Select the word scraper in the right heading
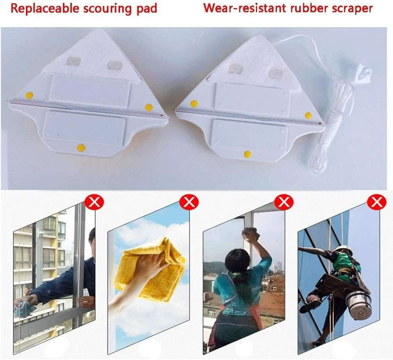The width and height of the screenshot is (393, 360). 352,9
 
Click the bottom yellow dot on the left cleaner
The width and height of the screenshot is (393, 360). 81,148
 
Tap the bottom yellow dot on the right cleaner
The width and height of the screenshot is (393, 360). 247,154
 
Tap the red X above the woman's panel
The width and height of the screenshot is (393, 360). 284,202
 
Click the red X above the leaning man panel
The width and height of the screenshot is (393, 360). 95,202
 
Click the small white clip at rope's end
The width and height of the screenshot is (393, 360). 365,72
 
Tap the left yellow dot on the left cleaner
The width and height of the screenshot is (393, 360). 29,95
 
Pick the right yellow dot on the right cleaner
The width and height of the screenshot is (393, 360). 308,115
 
